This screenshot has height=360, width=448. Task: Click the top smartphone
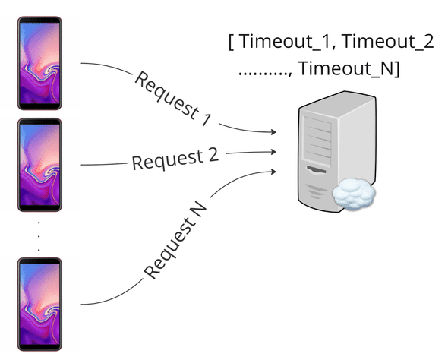39,64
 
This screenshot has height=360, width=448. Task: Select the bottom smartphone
39,305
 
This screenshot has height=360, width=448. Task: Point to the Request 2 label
175,159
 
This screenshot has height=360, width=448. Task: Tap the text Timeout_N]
350,68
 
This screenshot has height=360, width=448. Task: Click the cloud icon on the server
353,194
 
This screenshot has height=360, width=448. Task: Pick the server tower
331,152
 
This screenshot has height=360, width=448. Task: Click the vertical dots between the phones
39,235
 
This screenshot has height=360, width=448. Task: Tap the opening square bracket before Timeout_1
231,42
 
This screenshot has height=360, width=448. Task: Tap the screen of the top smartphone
39,64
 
